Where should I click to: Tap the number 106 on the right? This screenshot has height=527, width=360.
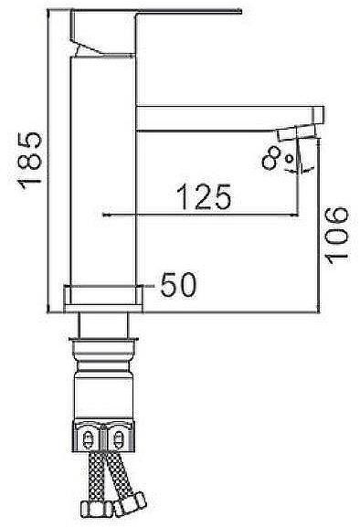(336, 234)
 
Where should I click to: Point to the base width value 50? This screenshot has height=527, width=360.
(178, 285)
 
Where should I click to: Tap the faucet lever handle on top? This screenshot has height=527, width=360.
(154, 26)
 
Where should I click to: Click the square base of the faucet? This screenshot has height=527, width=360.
(103, 297)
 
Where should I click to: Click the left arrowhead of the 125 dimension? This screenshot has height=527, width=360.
(103, 215)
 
